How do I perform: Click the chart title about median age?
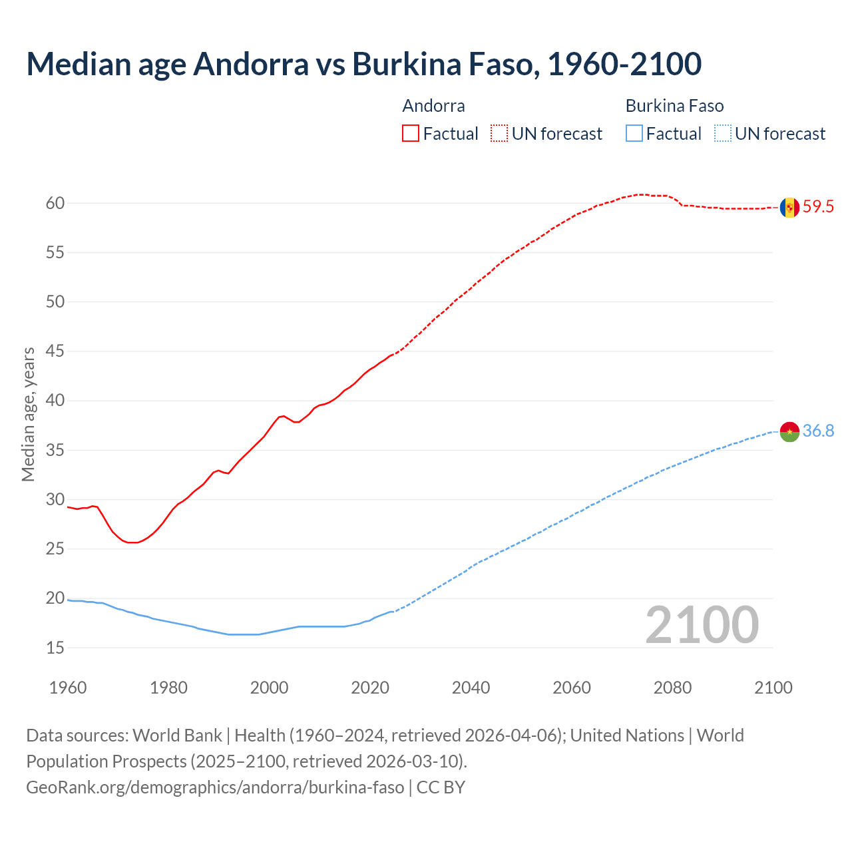click(363, 64)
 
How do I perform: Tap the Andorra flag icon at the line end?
click(789, 208)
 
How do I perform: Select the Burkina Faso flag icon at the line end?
click(789, 431)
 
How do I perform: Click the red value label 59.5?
click(818, 207)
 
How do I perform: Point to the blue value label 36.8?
click(818, 431)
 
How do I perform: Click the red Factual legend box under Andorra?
click(411, 134)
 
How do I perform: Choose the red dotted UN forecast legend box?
click(499, 134)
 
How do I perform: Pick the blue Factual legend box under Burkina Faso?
click(634, 134)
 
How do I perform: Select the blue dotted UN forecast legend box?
click(722, 134)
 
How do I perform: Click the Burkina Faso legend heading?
click(674, 106)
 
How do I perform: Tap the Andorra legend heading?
click(433, 106)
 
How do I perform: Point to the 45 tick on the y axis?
click(55, 351)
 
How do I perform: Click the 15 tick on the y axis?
click(55, 648)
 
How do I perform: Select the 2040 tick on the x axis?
click(471, 688)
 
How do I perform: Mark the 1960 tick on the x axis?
click(68, 688)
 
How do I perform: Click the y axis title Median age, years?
click(28, 414)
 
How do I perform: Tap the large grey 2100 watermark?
click(702, 624)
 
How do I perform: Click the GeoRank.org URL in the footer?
click(215, 787)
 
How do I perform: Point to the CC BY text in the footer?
click(441, 787)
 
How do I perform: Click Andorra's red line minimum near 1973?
click(132, 542)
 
